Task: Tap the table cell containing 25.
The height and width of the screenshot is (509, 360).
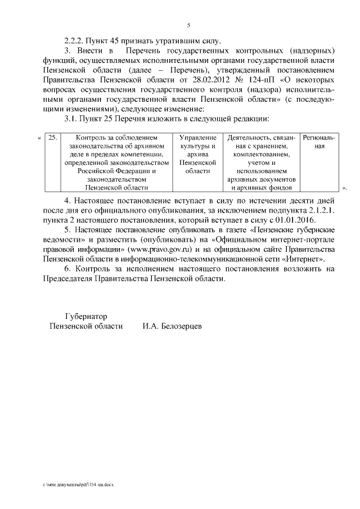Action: (51, 138)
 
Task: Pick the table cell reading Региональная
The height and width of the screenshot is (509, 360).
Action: (319, 142)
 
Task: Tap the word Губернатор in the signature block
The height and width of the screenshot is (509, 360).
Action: (85, 316)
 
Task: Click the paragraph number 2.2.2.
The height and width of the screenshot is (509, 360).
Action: (72, 40)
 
